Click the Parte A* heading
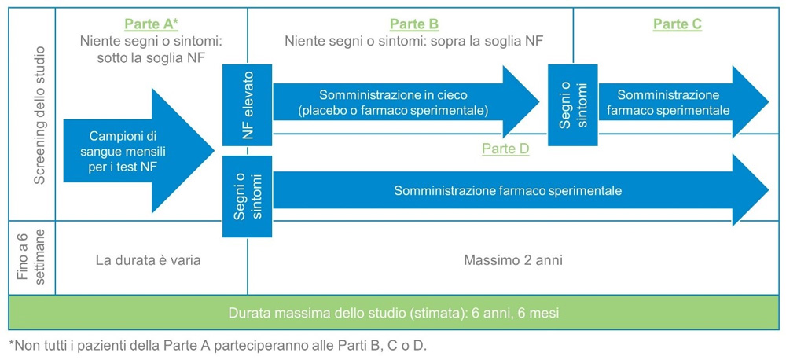point(152,24)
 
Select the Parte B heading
point(414,24)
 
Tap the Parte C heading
point(678,24)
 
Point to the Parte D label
point(505,149)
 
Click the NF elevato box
point(247,105)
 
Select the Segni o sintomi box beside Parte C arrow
point(573,105)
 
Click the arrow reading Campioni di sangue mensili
point(139,151)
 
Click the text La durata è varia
point(151,261)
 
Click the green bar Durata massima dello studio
point(393,313)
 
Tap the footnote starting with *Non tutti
point(218,346)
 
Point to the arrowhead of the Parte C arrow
point(751,101)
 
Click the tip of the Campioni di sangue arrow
point(215,151)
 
